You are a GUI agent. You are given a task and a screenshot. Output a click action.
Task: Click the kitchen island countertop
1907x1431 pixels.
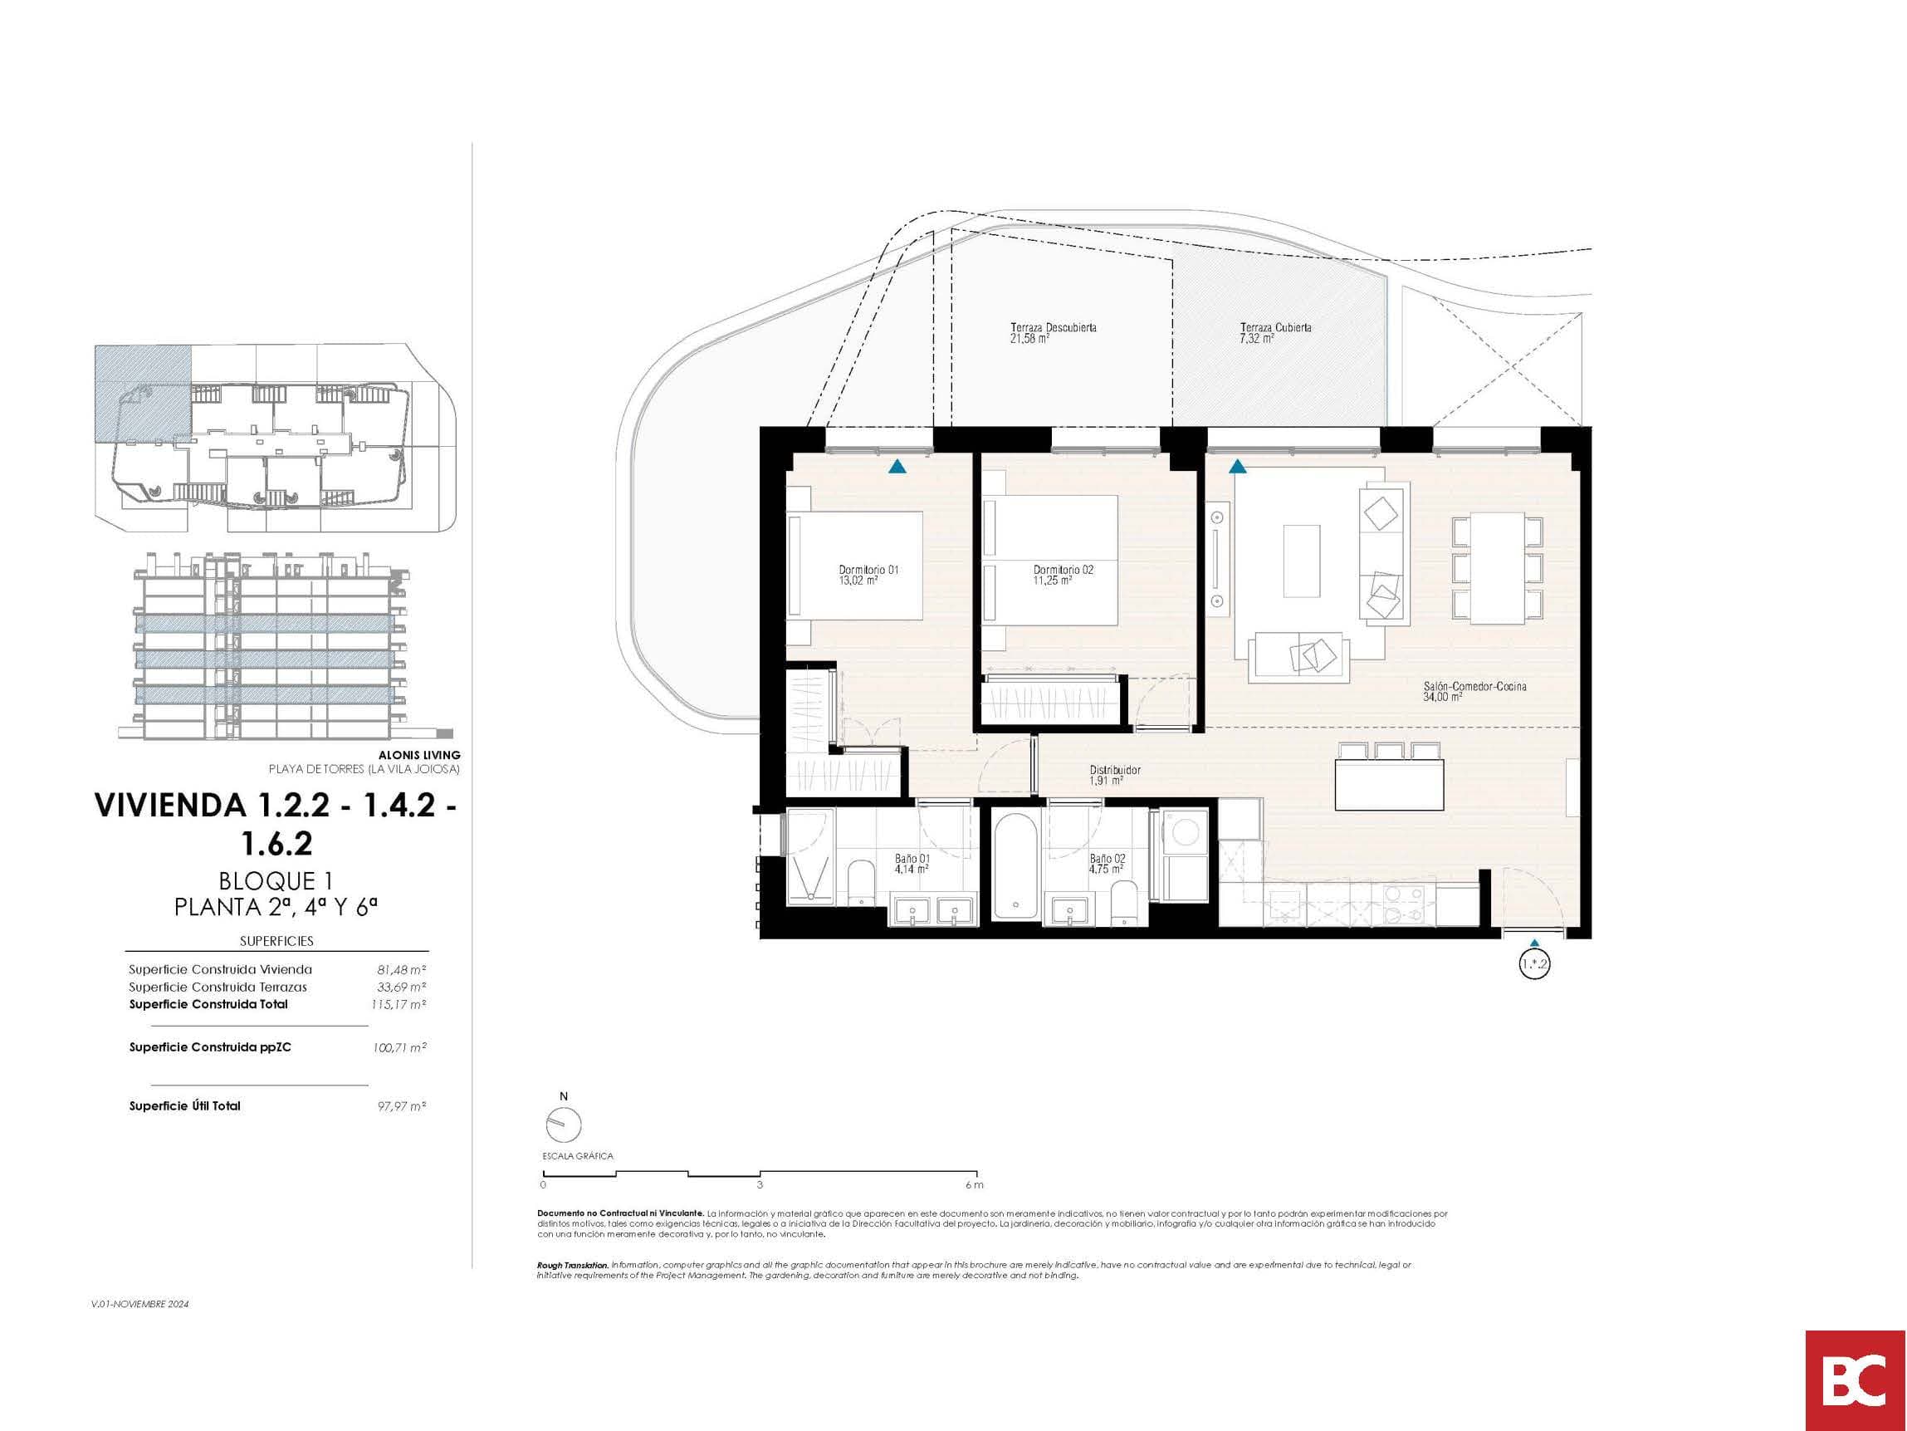point(1389,785)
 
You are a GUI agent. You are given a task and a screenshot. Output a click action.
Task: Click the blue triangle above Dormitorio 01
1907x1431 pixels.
point(897,467)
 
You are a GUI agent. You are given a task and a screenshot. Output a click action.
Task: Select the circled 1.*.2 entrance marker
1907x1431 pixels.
point(1533,964)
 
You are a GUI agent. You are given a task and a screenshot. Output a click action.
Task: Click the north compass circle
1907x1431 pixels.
point(564,1125)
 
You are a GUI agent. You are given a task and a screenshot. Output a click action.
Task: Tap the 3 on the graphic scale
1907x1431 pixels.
point(760,1185)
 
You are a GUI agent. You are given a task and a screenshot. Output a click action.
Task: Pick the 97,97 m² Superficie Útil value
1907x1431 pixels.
point(402,1105)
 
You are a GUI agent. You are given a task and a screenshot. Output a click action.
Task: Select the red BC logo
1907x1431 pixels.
point(1856,1381)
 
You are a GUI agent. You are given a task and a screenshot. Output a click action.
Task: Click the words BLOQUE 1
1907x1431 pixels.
point(276,880)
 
